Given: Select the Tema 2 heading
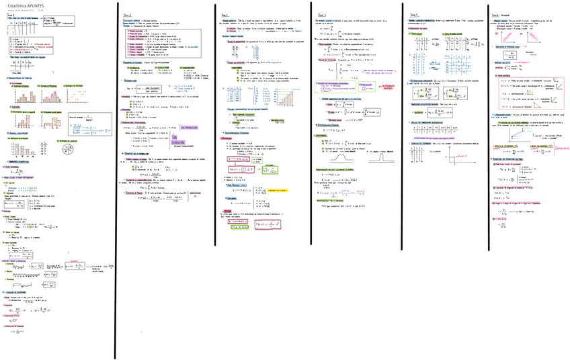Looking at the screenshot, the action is pyautogui.click(x=128, y=15).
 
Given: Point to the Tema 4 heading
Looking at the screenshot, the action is pyautogui.click(x=321, y=15).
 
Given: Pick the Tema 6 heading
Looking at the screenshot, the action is pyautogui.click(x=498, y=15).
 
